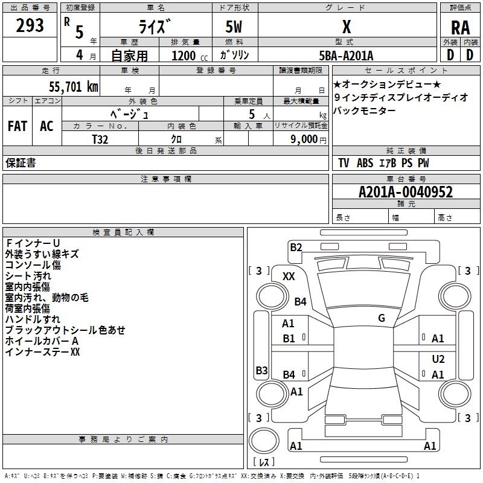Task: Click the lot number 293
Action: pyautogui.click(x=30, y=25)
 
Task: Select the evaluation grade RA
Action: pyautogui.click(x=461, y=28)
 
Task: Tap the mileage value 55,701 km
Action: pyautogui.click(x=74, y=87)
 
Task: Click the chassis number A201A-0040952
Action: pyautogui.click(x=406, y=192)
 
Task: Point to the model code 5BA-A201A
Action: pyautogui.click(x=346, y=56)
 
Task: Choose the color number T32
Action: pyautogui.click(x=100, y=139)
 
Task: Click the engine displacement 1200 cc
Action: pyautogui.click(x=190, y=56)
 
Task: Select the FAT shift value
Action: pyautogui.click(x=18, y=126)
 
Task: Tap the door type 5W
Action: pyautogui.click(x=234, y=27)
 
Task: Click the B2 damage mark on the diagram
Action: pyautogui.click(x=296, y=248)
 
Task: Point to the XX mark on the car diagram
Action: pyautogui.click(x=289, y=277)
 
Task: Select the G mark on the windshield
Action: pyautogui.click(x=382, y=318)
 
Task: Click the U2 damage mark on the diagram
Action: pyautogui.click(x=438, y=359)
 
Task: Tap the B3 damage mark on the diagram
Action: pyautogui.click(x=262, y=370)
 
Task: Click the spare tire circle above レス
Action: pyautogui.click(x=264, y=441)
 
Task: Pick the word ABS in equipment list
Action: pyautogui.click(x=365, y=163)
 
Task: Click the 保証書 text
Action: pyautogui.click(x=21, y=162)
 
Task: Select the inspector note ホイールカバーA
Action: pyautogui.click(x=42, y=341)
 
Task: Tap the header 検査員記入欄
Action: pyautogui.click(x=123, y=232)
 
